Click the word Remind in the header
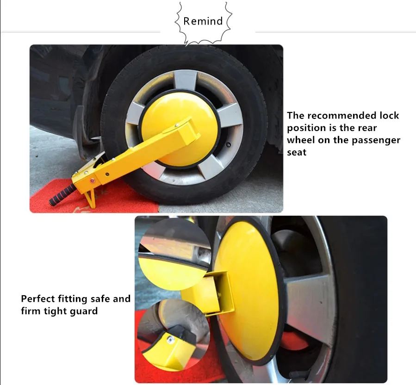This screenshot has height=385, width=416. coord(203,21)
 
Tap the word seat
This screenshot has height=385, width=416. coord(297,152)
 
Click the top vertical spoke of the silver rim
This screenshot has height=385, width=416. coord(186,80)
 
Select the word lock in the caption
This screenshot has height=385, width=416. coord(389,115)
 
